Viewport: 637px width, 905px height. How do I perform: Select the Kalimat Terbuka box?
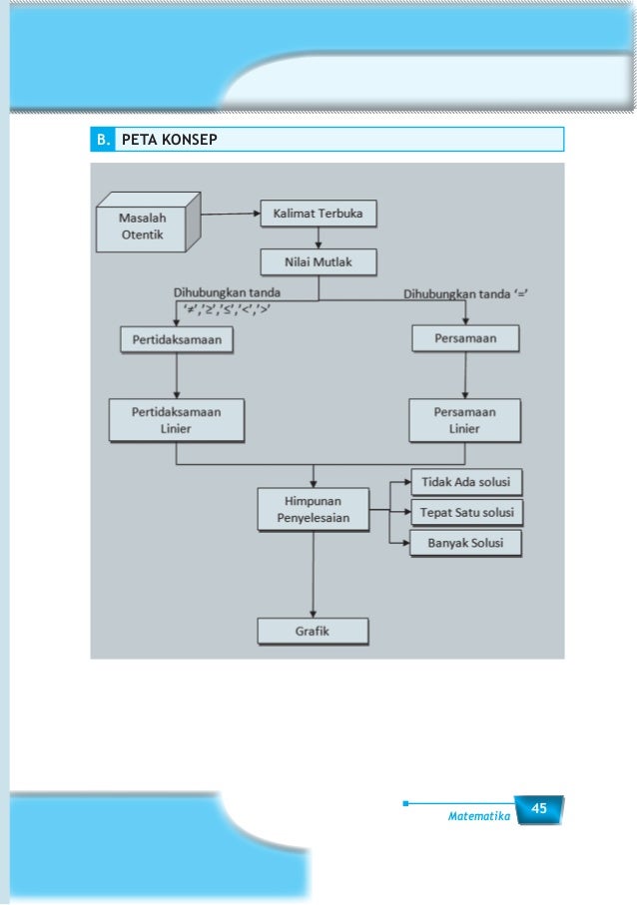[318, 214]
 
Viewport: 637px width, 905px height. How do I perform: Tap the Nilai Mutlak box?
[318, 262]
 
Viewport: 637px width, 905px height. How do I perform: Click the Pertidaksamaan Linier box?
[176, 420]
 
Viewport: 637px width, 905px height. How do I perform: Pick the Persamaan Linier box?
[465, 420]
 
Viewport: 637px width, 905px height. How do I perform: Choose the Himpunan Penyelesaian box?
[314, 510]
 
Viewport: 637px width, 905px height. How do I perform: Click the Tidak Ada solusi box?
[466, 482]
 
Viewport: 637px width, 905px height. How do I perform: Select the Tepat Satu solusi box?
[466, 513]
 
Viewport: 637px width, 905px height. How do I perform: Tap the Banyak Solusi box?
[465, 543]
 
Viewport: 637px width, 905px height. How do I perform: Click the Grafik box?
[313, 632]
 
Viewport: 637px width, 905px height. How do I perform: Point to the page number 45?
[539, 808]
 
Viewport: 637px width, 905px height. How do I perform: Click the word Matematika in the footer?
[479, 816]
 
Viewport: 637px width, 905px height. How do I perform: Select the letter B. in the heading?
[104, 140]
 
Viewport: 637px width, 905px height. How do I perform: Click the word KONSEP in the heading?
[190, 140]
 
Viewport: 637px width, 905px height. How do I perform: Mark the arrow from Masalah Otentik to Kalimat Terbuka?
[231, 214]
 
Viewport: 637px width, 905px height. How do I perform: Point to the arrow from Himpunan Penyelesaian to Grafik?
[314, 575]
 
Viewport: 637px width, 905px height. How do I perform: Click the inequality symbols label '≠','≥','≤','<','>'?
[227, 308]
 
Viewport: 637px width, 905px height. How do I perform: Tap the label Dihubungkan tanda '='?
[465, 293]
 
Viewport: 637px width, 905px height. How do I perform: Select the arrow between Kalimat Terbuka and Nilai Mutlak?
[318, 238]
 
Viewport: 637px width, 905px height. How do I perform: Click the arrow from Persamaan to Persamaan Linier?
[465, 375]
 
